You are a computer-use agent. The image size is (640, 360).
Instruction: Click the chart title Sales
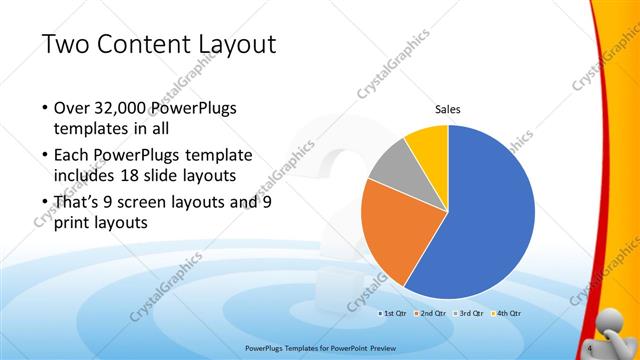click(447, 111)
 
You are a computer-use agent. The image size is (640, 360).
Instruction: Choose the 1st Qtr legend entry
click(395, 313)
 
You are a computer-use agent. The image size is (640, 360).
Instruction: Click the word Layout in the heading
click(233, 45)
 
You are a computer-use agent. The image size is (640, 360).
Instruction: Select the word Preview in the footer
click(377, 348)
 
